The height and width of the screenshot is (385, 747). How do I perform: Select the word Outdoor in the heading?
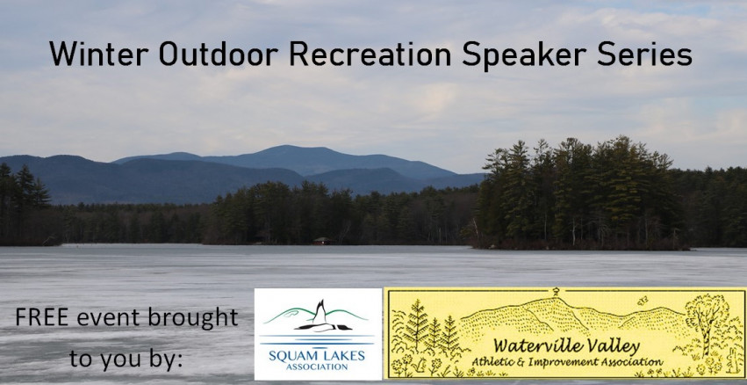[x=219, y=54]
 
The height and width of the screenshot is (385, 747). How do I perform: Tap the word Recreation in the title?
[x=370, y=54]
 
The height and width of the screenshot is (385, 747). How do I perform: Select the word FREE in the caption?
[x=42, y=317]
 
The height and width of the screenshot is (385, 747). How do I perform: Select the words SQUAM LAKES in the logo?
[x=317, y=355]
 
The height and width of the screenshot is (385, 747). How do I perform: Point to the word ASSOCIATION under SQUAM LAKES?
[x=317, y=367]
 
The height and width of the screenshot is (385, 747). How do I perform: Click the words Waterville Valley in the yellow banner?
[x=566, y=347]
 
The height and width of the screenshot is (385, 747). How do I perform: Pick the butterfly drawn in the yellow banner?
[x=643, y=301]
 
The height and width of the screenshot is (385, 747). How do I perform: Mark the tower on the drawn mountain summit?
[x=556, y=292]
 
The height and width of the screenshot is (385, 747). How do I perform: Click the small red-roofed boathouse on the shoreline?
[x=322, y=241]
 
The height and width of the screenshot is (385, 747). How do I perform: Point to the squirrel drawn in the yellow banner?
[x=421, y=366]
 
